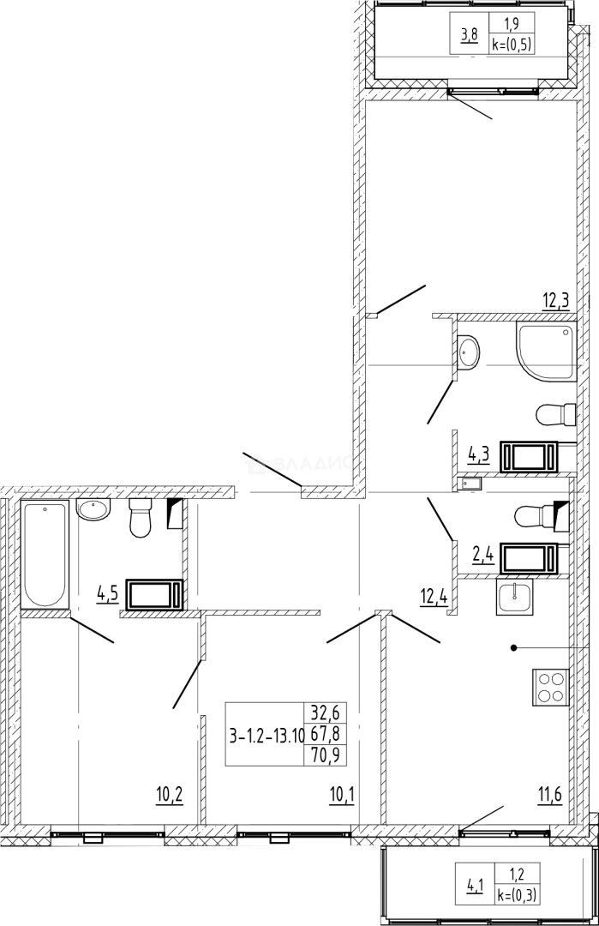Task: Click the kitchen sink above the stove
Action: point(514,597)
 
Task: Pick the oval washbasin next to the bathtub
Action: point(93,509)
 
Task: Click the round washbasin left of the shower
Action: point(470,352)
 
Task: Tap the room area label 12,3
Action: point(556,301)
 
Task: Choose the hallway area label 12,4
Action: point(434,596)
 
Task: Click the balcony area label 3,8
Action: point(470,35)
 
